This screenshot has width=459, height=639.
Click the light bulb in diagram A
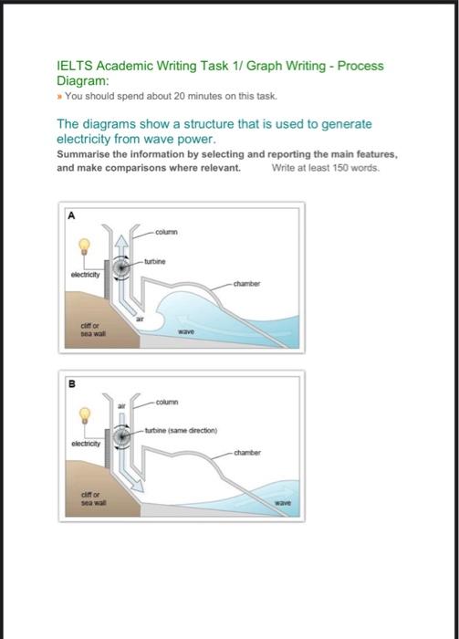point(86,246)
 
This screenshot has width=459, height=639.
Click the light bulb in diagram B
point(86,414)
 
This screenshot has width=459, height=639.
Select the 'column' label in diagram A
point(166,231)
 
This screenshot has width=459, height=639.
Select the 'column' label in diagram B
point(166,402)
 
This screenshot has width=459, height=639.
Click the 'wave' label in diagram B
point(285,502)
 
